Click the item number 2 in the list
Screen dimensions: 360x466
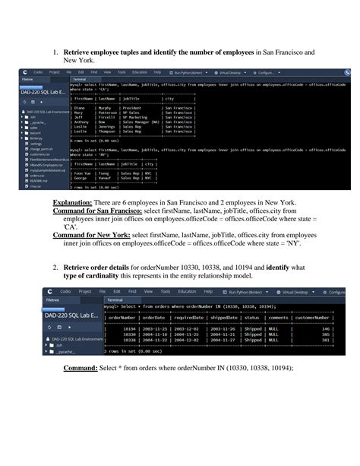pos(55,267)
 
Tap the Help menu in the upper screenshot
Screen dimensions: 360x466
pos(157,72)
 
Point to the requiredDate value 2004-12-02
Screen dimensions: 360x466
pos(191,340)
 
